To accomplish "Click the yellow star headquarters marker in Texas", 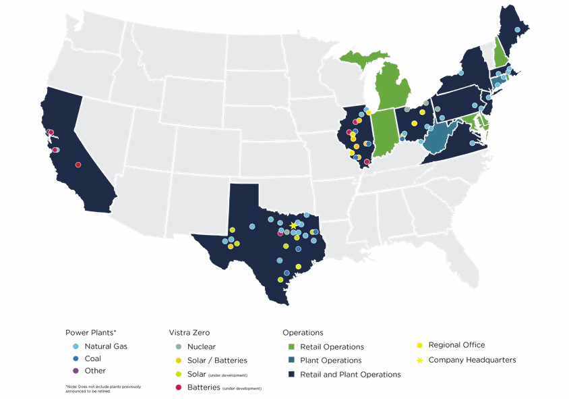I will (293, 225).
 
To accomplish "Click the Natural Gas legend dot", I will (76, 346).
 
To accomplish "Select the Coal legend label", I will (93, 358).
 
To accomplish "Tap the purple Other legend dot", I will (76, 371).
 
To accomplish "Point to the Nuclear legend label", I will (202, 346).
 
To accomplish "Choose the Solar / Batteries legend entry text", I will (217, 361).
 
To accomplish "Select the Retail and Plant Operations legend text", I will (350, 374).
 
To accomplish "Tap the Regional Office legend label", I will (456, 345).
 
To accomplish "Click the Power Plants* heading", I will (91, 332).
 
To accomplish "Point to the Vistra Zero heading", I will (189, 332).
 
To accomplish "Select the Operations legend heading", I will (303, 332).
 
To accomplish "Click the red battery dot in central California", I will (78, 165).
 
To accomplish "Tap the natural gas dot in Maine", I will (517, 30).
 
